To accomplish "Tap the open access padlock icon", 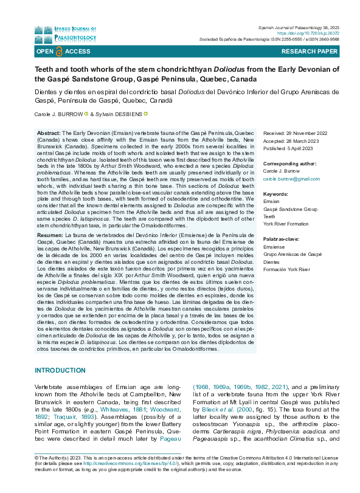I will pos(59,52).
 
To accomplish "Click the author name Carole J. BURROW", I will pos(58,114).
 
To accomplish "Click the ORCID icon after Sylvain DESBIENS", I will pos(146,114).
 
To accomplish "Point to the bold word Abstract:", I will pos(49,133).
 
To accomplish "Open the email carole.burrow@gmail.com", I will pos(291,179).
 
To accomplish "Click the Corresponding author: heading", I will pos(289,164).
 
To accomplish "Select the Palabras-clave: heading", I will pos(282,240).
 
